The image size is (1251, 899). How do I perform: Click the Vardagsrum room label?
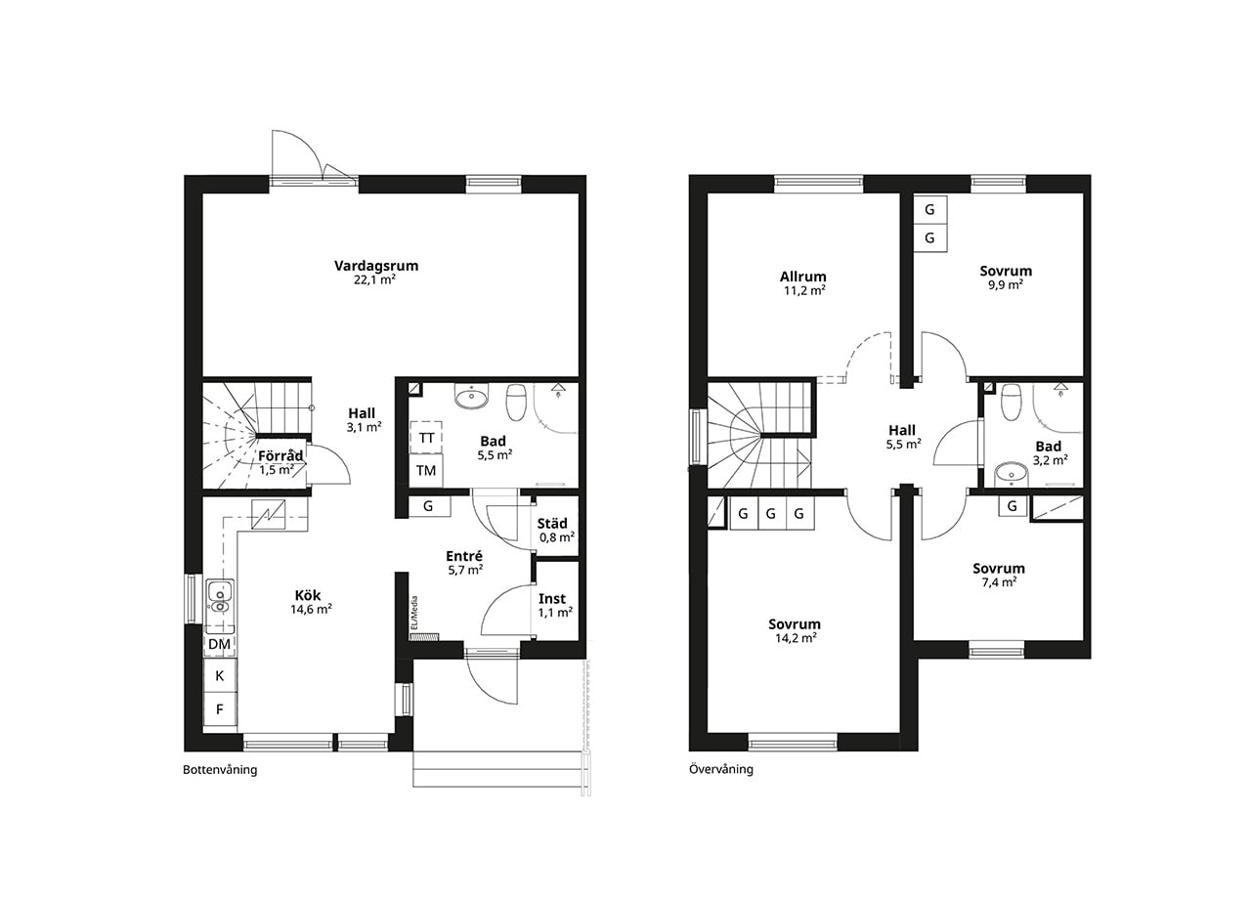pos(376,266)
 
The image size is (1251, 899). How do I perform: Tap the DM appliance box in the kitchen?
pos(220,644)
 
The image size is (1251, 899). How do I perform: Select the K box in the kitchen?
pos(220,675)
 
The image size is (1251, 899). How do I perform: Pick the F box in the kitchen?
pos(220,709)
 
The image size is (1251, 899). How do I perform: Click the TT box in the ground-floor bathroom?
pos(426,438)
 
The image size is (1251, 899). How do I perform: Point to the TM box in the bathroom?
pos(426,471)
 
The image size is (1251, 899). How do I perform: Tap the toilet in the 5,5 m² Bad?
pos(516,401)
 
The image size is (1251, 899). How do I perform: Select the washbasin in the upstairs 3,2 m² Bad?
pos(1011,475)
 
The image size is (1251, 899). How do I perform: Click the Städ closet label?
pos(552,523)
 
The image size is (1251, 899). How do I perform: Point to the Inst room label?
pos(552,599)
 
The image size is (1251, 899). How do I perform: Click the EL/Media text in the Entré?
pos(413,613)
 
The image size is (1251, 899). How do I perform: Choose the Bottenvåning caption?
pos(220,769)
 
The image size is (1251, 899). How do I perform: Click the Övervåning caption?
pos(721,769)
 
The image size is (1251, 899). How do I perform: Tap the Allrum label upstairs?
pos(803,277)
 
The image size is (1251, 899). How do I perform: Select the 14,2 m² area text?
pos(796,638)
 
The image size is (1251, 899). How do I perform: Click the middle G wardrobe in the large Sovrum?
pos(771,514)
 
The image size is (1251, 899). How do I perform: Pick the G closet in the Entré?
pos(428,506)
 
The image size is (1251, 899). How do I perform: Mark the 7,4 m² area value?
pos(999,581)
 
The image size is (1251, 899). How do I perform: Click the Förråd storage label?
pos(280,455)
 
